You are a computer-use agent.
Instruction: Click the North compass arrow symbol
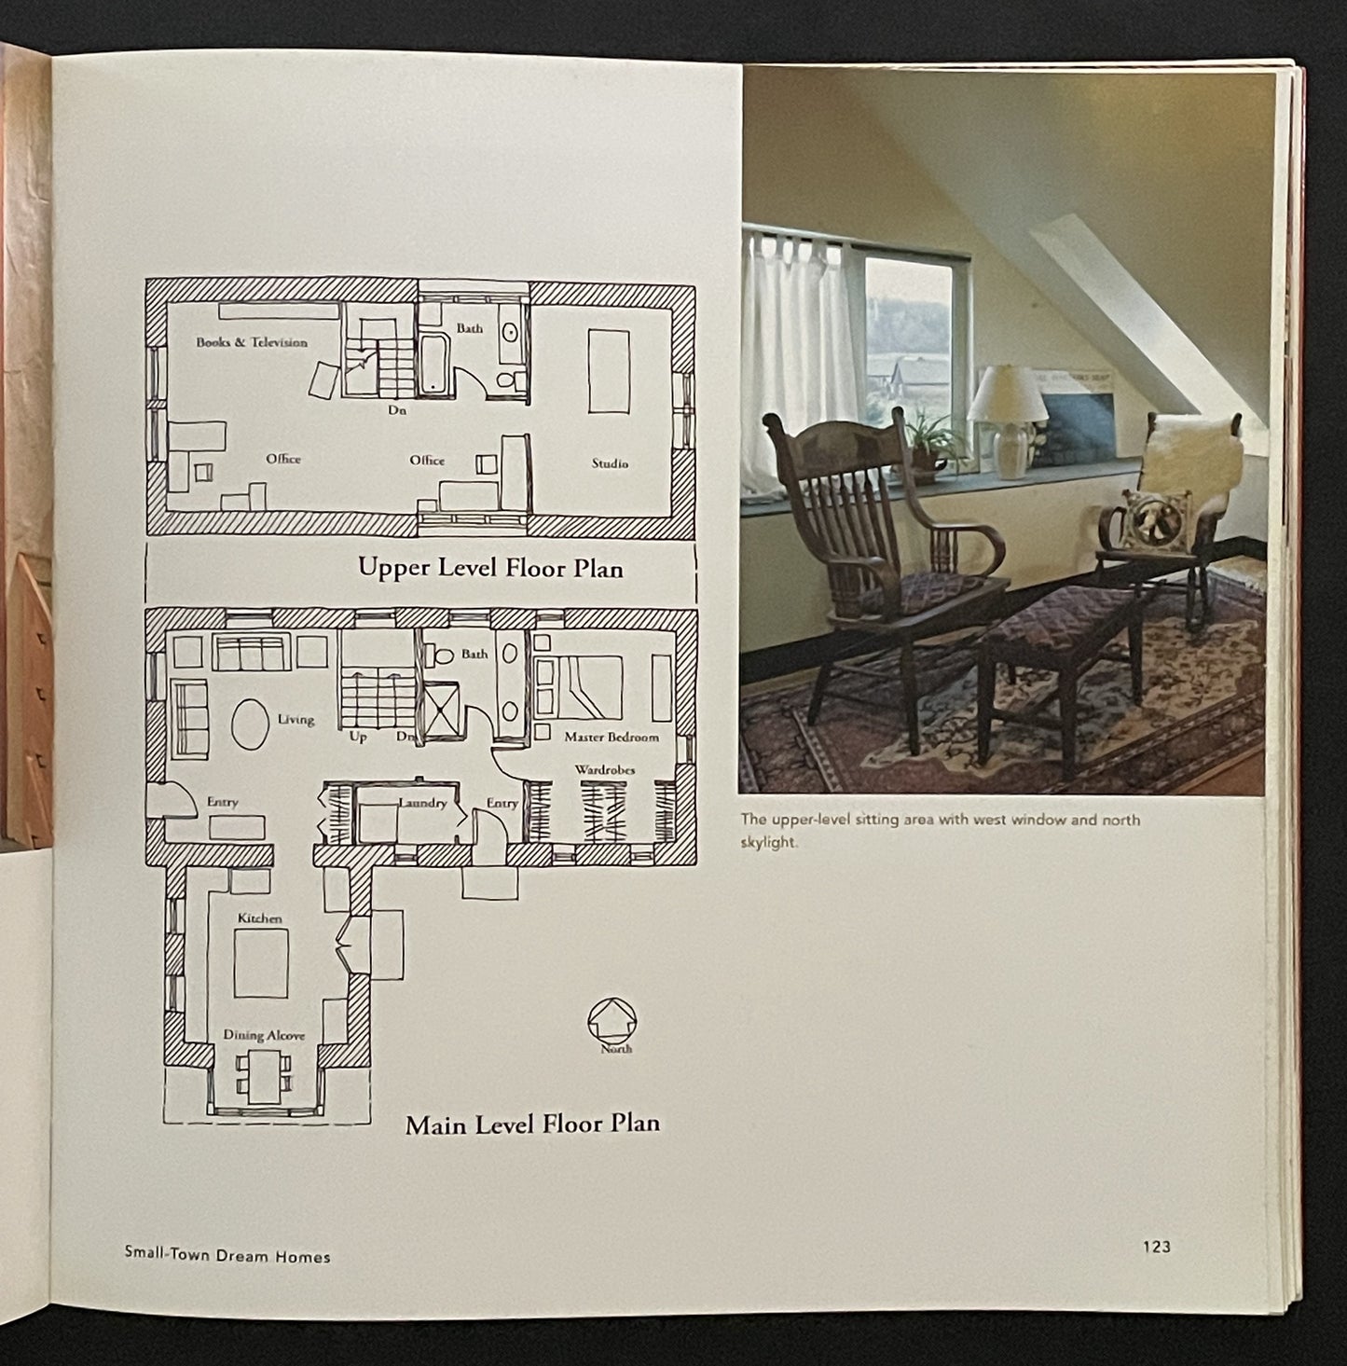612,1019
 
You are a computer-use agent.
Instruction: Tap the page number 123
1156,1247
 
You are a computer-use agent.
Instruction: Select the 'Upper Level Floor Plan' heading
490,568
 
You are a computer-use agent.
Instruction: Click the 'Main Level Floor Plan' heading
532,1124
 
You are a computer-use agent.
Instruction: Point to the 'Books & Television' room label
252,342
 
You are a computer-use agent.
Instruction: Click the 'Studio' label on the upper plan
610,463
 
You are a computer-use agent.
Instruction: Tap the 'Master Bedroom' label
611,737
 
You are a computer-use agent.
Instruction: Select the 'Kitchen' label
259,918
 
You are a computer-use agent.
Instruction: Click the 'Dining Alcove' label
264,1035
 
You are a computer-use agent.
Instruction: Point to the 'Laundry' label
422,803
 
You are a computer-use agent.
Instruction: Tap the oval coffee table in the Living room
249,723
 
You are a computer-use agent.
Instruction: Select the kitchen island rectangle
261,964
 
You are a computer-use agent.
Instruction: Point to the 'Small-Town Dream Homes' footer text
227,1256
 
